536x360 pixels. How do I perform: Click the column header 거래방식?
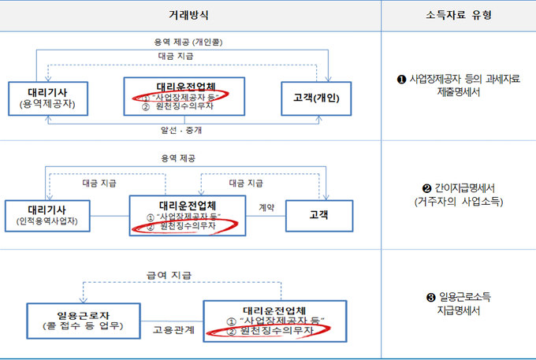coord(191,15)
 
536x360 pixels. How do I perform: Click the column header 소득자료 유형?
coord(458,15)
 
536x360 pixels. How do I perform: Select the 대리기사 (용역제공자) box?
coord(47,97)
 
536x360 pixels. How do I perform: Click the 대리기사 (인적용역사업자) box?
coord(47,214)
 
